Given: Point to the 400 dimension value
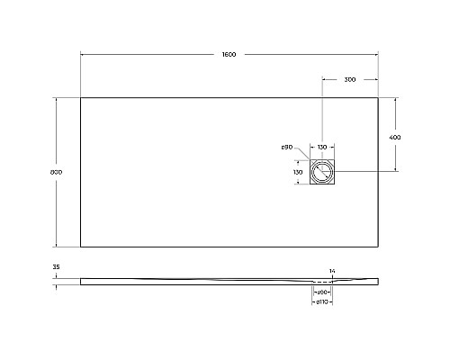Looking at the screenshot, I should pos(394,136).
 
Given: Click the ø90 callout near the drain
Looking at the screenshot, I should pos(287,147).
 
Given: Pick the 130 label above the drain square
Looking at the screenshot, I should pos(321,147).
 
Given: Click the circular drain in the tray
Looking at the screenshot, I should pos(321,171).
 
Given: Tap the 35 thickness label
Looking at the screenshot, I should pos(56,267).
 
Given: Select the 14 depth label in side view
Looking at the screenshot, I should pos(332,271).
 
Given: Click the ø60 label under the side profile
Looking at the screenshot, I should pos(321,292).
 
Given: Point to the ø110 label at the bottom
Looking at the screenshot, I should pos(321,302).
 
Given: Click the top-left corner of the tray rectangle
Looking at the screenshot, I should pos(81,97).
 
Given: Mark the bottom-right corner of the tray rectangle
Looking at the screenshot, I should pos(378,246).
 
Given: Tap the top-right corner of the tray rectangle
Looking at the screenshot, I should pos(378,97).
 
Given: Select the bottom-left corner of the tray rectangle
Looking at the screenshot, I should pos(81,246).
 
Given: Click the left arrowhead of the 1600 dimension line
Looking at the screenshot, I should pos(83,56).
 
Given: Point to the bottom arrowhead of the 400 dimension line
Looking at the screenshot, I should pos(394,169).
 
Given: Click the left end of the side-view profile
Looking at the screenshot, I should pos(81,280).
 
